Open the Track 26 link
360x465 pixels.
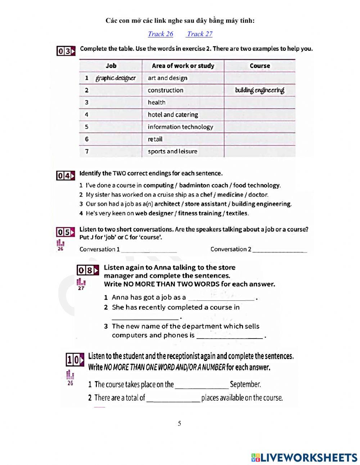click(x=161, y=34)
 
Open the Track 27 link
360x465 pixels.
click(x=199, y=34)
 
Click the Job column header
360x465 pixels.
click(x=111, y=66)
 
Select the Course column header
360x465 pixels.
click(x=260, y=66)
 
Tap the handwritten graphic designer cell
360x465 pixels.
click(x=116, y=78)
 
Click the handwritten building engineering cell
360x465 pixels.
click(x=260, y=90)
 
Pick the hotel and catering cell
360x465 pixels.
click(x=173, y=115)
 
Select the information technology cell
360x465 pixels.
click(x=180, y=127)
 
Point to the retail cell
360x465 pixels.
click(x=155, y=139)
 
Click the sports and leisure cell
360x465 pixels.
click(x=172, y=151)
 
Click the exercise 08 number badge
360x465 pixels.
click(x=87, y=270)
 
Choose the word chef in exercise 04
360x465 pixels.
click(x=206, y=195)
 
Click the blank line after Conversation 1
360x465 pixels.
click(x=149, y=250)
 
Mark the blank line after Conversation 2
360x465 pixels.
click(x=280, y=250)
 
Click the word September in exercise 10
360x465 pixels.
click(x=246, y=384)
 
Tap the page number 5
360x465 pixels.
click(x=179, y=424)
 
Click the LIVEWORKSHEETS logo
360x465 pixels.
click(x=304, y=457)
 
